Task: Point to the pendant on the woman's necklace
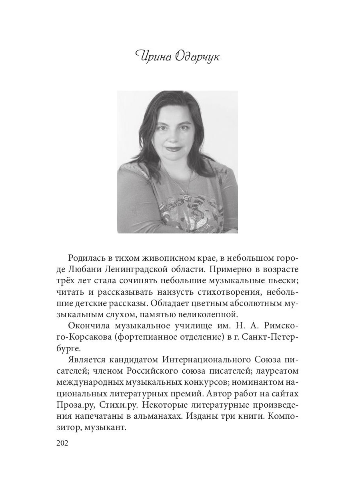186,197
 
